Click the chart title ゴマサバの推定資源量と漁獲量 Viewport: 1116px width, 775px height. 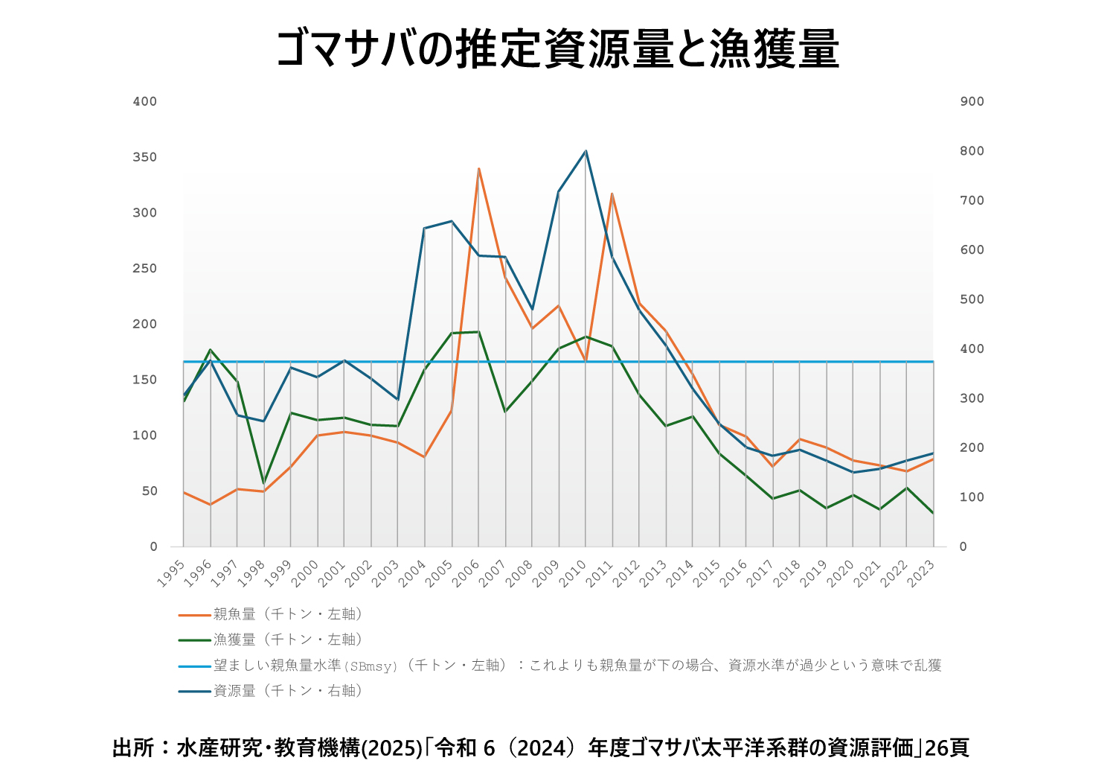[x=557, y=49]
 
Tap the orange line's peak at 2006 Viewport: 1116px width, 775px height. [x=478, y=169]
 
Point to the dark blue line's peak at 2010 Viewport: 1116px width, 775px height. [x=586, y=151]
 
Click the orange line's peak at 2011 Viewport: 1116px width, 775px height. [x=612, y=194]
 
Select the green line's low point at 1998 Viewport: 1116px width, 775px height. [x=263, y=483]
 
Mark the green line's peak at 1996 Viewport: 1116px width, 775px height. [x=211, y=349]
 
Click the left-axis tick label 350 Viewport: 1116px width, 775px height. [x=145, y=157]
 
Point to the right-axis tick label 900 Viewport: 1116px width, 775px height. [x=972, y=101]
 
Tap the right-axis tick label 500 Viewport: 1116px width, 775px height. [x=972, y=299]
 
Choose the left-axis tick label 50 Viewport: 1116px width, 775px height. [x=149, y=491]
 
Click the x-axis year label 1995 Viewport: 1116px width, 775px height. [x=172, y=573]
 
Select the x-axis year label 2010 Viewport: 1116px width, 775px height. [x=574, y=573]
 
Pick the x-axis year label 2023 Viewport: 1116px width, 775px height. [x=922, y=573]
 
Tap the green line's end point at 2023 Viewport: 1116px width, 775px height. [x=933, y=513]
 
